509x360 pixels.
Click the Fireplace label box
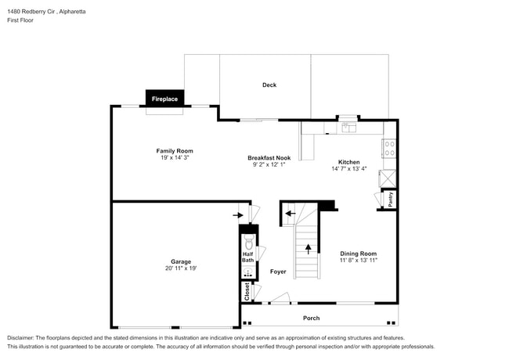click(164, 99)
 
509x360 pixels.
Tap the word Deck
click(269, 85)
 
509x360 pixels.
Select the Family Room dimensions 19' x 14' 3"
click(174, 158)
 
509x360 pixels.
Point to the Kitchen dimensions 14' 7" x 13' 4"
click(348, 168)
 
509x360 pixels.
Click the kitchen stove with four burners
click(389, 149)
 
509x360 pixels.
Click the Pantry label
click(390, 200)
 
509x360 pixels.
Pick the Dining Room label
click(359, 254)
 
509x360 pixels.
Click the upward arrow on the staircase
click(307, 250)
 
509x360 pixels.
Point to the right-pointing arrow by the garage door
click(237, 214)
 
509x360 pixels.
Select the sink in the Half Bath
click(248, 272)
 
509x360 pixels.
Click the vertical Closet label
click(247, 292)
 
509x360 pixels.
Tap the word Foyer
click(278, 272)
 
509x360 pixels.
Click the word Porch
click(311, 318)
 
